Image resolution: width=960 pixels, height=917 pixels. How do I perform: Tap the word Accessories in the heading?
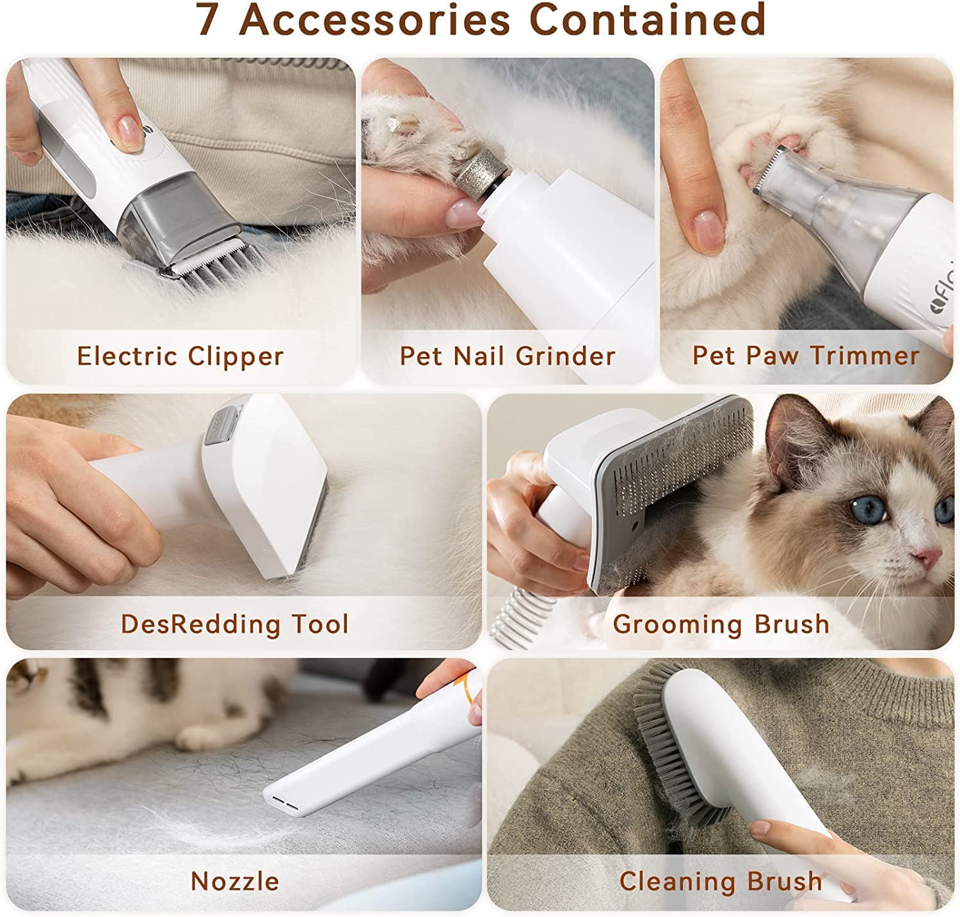pos(375,19)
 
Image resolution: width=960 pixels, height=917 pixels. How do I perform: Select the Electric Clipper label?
pos(180,356)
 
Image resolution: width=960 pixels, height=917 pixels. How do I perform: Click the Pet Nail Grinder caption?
pos(508,356)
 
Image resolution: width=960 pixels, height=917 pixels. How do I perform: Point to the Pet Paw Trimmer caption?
pos(806,355)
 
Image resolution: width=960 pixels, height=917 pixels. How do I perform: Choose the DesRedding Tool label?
pos(235,624)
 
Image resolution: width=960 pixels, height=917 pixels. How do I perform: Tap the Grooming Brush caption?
pos(721,624)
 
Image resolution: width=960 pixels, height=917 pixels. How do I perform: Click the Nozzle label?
pos(235,881)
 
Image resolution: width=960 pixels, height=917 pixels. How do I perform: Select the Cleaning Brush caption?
pos(721,881)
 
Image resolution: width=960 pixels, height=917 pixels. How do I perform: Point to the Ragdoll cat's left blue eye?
pos(869,509)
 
